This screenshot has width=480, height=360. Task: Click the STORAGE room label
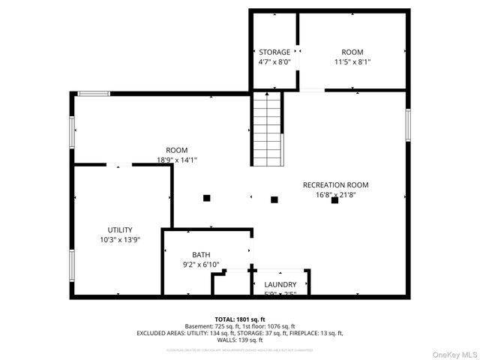274,52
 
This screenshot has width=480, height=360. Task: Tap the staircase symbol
268,129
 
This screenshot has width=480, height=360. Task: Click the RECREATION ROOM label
335,184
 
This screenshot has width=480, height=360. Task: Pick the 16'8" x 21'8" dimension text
335,194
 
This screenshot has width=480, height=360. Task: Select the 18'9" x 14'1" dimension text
177,160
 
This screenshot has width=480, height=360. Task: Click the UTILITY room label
120,229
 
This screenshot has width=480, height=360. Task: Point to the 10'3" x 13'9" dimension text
120,239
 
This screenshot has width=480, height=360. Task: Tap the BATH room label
201,254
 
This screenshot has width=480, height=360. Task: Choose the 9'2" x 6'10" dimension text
201,264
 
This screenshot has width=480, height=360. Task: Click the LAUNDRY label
280,284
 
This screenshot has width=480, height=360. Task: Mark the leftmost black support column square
206,198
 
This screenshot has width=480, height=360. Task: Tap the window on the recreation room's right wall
408,124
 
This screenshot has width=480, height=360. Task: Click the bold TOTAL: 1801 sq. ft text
239,319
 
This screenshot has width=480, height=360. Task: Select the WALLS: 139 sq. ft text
239,340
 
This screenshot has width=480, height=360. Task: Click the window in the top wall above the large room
94,94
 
